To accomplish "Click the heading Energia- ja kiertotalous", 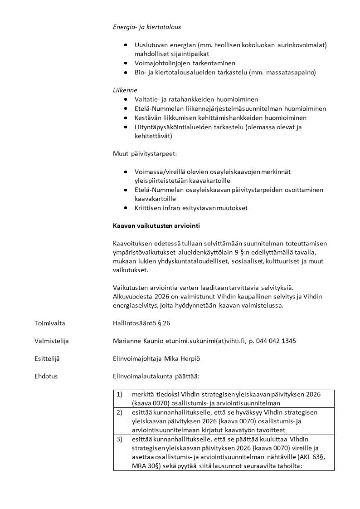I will [146, 27].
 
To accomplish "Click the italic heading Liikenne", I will [125, 90].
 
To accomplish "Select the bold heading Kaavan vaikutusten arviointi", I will [156, 225].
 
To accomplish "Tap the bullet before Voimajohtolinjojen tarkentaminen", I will [126, 64].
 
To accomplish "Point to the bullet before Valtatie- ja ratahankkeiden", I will [126, 99].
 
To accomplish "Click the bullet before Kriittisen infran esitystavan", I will [126, 208].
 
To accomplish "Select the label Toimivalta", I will [49, 323].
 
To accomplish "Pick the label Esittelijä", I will [47, 358].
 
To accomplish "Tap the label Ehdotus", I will [46, 376].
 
